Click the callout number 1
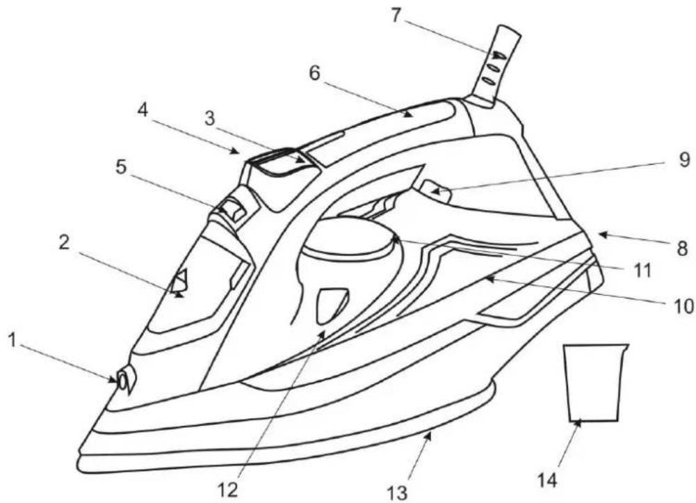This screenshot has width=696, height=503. tap(13, 342)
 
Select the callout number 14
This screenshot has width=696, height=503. tap(547, 480)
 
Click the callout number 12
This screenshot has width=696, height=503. tap(229, 490)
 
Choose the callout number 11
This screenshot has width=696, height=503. tap(640, 271)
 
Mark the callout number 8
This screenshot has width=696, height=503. tap(682, 248)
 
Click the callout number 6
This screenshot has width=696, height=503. tap(314, 73)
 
